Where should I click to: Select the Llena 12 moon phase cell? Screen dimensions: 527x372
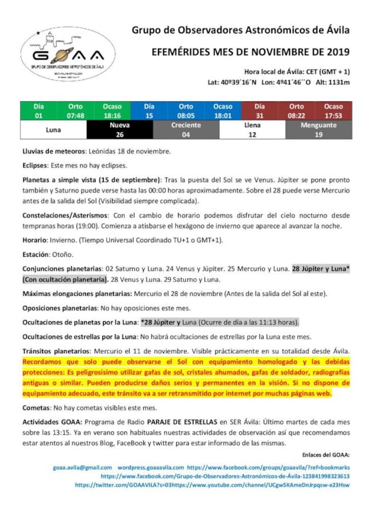252,130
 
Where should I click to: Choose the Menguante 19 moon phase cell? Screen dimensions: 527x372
319,130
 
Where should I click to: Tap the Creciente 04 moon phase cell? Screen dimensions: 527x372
186,130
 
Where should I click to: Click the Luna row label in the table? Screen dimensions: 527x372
53,130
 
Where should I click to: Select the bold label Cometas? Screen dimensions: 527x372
36,408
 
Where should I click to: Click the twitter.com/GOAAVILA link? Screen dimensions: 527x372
124,485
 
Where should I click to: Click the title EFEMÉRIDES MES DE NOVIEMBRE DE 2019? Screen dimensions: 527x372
251,52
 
